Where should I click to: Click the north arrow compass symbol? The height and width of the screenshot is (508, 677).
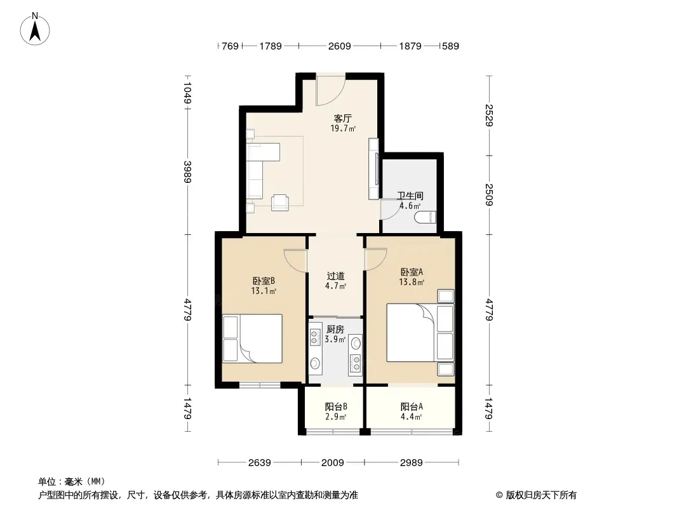[x=35, y=29]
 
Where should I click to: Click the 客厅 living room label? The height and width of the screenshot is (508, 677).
[x=343, y=118]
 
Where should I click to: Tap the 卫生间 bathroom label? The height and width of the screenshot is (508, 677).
[x=410, y=196]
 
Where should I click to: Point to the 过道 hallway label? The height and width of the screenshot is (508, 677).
[x=335, y=276]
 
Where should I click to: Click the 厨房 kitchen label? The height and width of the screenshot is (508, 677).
[x=335, y=330]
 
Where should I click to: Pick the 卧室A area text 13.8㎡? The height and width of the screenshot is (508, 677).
[x=412, y=283]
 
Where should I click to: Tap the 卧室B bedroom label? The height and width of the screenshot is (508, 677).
[x=264, y=281]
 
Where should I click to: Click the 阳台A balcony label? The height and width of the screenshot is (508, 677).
[x=412, y=406]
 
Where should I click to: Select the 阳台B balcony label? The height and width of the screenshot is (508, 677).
[x=336, y=406]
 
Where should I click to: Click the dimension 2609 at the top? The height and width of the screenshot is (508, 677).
[x=339, y=46]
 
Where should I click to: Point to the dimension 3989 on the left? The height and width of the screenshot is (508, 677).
[x=187, y=172]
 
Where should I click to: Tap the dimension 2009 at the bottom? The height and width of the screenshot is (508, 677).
[x=332, y=463]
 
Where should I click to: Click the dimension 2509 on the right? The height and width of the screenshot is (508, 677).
[x=489, y=195]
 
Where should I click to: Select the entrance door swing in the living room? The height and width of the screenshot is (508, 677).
[x=330, y=91]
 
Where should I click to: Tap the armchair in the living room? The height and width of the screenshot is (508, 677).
[x=280, y=203]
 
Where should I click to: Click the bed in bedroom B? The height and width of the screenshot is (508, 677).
[x=253, y=338]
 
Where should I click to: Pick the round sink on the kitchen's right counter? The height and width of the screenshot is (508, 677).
[x=356, y=344]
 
